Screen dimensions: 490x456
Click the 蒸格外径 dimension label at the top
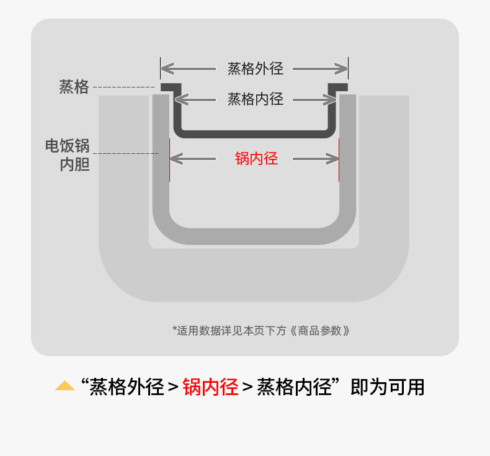pyautogui.click(x=256, y=69)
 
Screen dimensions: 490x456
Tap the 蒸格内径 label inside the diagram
pyautogui.click(x=256, y=99)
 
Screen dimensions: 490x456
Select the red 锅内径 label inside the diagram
pyautogui.click(x=256, y=158)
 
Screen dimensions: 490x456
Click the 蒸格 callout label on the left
pyautogui.click(x=74, y=87)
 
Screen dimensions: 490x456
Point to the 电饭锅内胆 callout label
pyautogui.click(x=68, y=155)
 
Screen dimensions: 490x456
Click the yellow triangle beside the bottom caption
pyautogui.click(x=65, y=385)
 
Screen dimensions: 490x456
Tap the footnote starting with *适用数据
pyautogui.click(x=261, y=330)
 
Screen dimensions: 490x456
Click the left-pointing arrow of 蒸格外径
pyautogui.click(x=189, y=69)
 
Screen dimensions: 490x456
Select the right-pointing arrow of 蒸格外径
pyautogui.click(x=320, y=69)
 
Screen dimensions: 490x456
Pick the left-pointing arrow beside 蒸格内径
pyautogui.click(x=195, y=100)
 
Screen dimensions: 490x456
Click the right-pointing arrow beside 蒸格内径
pyautogui.click(x=314, y=100)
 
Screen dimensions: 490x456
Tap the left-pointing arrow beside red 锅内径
pyautogui.click(x=193, y=159)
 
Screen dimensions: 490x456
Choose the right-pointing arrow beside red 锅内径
pyautogui.click(x=316, y=159)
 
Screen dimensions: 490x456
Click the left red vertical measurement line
pyautogui.click(x=170, y=160)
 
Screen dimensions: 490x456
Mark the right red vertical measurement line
pyautogui.click(x=339, y=160)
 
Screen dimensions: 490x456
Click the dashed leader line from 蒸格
pyautogui.click(x=124, y=87)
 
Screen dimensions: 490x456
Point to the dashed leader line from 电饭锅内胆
pyautogui.click(x=126, y=153)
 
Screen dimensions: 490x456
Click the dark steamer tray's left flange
pyautogui.click(x=171, y=87)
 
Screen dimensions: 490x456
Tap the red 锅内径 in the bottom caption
pyautogui.click(x=211, y=387)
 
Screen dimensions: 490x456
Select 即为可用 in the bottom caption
pyautogui.click(x=388, y=387)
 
